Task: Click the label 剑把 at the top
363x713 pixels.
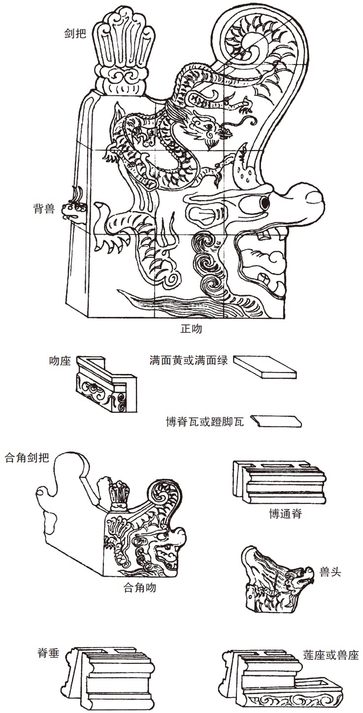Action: (x=75, y=33)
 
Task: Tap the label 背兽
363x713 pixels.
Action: (x=44, y=209)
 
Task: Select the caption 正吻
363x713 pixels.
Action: (x=191, y=329)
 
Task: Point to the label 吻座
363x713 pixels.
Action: (x=60, y=361)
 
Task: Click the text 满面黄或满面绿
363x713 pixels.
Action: (x=189, y=360)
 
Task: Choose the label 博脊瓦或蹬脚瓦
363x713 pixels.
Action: (x=205, y=422)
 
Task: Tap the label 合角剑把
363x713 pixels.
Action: (x=27, y=458)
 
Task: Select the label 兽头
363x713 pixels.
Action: (x=330, y=572)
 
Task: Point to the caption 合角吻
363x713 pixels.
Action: (x=139, y=588)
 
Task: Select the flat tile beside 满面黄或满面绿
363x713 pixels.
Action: (x=265, y=367)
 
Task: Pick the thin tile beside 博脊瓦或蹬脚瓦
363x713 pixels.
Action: (x=276, y=421)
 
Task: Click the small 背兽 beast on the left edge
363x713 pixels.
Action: (x=75, y=208)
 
